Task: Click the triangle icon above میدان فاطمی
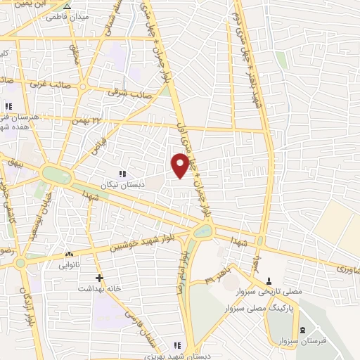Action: (x=67, y=4)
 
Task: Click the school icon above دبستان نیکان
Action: (x=122, y=173)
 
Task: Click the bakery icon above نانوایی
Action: (x=69, y=253)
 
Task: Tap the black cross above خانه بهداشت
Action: (x=99, y=278)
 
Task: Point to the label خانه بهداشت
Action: (x=95, y=288)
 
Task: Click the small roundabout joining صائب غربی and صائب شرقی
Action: (x=83, y=86)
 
